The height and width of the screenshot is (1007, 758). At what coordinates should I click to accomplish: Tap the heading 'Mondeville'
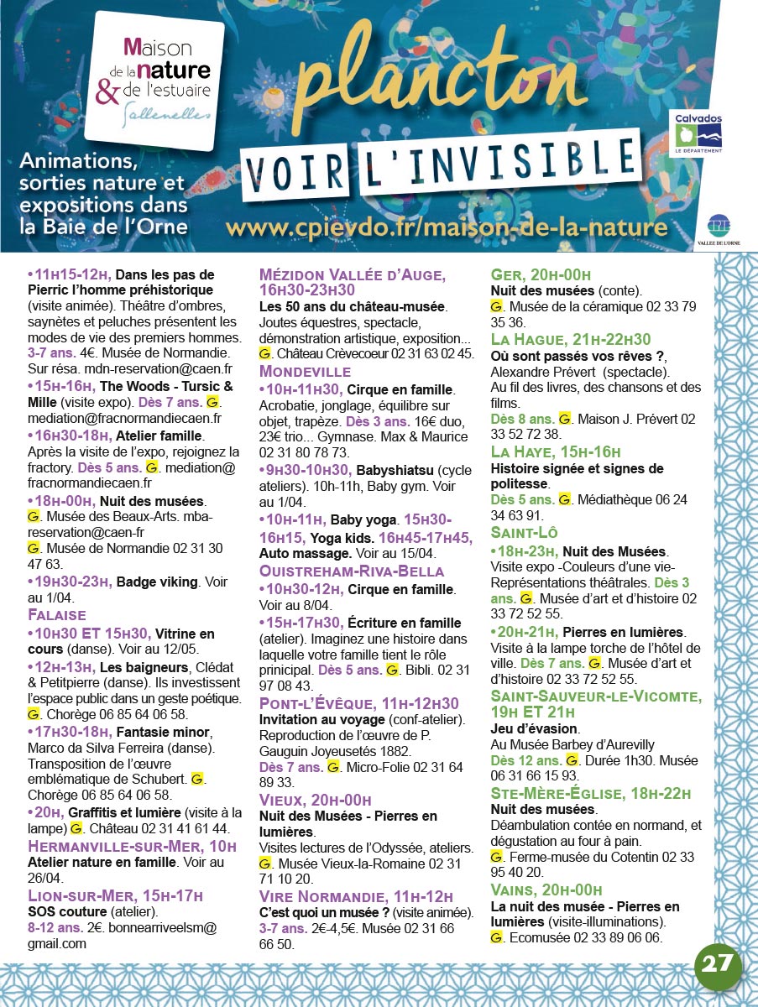[305, 371]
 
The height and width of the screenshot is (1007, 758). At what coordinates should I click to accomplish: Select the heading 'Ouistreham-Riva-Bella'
[352, 571]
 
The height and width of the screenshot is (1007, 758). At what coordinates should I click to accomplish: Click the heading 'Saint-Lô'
[525, 533]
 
